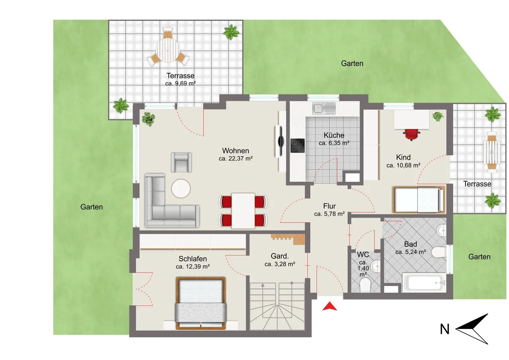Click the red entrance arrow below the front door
330,306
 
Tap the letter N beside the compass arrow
445,329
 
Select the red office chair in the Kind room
411,134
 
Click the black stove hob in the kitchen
297,146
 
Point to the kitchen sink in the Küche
324,108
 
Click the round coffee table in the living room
181,189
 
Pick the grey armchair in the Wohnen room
181,162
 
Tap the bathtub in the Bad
424,283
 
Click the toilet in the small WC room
365,285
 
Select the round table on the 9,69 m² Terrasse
168,50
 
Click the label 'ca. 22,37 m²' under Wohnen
236,159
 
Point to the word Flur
330,206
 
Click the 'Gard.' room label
280,256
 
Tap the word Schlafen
193,259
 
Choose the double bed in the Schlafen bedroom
201,303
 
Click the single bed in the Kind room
419,200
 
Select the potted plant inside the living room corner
149,119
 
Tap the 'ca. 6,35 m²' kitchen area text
334,143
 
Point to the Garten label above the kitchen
352,63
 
